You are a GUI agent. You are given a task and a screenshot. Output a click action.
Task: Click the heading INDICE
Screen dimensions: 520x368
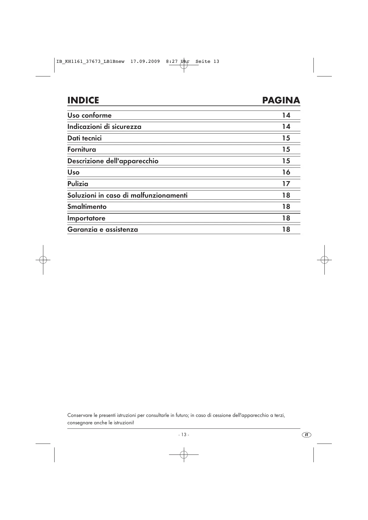click(83, 100)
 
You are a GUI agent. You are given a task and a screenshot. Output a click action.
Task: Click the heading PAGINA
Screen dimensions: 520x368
click(281, 100)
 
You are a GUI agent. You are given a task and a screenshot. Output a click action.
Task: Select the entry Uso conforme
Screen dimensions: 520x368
click(90, 115)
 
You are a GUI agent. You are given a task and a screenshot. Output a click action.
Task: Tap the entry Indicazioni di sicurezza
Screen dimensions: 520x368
click(104, 127)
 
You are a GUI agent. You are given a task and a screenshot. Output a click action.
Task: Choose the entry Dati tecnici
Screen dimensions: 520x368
click(85, 138)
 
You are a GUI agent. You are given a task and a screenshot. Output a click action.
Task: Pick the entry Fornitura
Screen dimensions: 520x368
click(82, 149)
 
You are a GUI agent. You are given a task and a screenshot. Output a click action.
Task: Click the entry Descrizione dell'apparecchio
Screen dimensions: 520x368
click(113, 161)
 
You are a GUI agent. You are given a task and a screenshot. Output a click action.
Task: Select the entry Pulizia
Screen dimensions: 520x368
click(78, 184)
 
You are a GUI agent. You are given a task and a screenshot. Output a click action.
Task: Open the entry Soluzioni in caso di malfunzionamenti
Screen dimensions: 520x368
click(128, 195)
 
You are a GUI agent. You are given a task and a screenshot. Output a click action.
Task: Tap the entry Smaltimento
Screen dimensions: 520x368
click(87, 207)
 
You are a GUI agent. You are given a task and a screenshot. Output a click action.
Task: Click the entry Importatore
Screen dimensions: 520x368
click(86, 218)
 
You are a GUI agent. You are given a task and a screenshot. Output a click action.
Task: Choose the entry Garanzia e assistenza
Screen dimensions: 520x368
click(103, 229)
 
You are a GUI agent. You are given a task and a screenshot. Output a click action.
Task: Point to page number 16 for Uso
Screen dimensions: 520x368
click(286, 172)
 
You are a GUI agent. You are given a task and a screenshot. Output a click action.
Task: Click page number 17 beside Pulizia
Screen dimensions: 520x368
click(286, 184)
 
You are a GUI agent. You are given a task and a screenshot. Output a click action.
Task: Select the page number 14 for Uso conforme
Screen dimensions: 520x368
click(286, 115)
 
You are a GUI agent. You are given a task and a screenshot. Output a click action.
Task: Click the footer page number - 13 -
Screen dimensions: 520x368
click(184, 435)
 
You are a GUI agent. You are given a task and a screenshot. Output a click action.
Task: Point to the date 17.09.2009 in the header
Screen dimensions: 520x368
click(145, 62)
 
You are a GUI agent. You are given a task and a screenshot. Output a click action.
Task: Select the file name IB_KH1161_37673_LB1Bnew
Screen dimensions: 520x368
click(90, 62)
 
